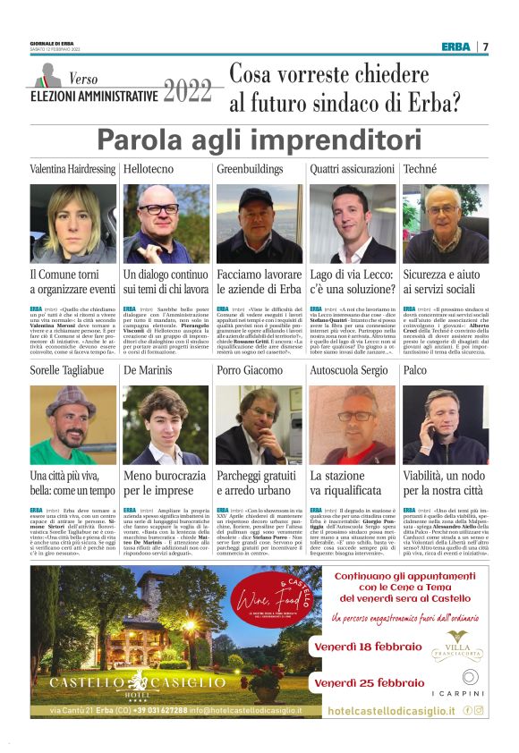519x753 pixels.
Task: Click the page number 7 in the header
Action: point(487,47)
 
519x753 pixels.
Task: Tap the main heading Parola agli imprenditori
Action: point(259,140)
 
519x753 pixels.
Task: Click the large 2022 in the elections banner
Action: point(188,90)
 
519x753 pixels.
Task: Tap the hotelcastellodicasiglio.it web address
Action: point(391,710)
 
